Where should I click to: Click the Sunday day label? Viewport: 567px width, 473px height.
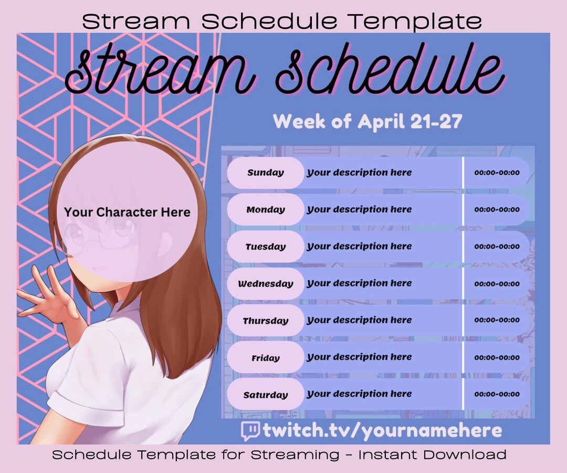(x=266, y=173)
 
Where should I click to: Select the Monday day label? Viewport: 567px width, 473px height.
(x=266, y=209)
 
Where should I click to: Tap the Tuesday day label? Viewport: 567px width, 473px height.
(x=266, y=247)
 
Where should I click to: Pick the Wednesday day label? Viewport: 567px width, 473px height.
(x=266, y=284)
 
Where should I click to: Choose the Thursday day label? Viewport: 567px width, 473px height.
(x=266, y=321)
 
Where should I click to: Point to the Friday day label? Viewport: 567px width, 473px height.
(x=266, y=358)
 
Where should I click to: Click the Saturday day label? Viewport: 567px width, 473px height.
(x=266, y=395)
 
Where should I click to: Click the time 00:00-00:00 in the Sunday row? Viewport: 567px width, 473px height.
(x=497, y=173)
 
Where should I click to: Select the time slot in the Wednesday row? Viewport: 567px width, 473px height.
(x=497, y=284)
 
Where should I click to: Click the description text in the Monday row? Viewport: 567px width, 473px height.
(x=359, y=209)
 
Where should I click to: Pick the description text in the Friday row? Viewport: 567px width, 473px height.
(x=359, y=358)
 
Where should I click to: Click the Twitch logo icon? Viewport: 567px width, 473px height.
(x=250, y=431)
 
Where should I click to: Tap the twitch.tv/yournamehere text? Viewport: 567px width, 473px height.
(x=382, y=431)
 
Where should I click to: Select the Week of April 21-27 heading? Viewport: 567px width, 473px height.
(x=367, y=121)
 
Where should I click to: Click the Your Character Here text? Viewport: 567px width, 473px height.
(x=127, y=212)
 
